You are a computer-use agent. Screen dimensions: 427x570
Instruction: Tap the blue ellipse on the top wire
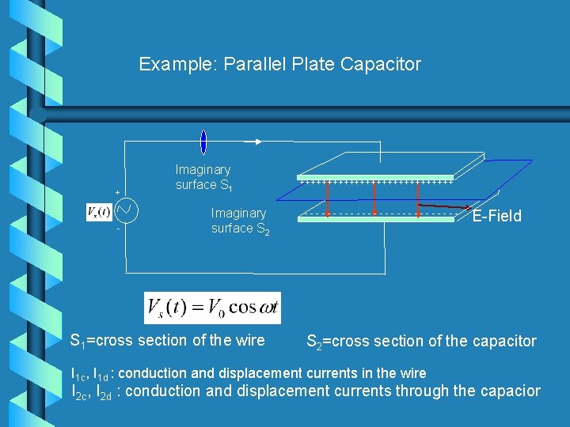pos(203,142)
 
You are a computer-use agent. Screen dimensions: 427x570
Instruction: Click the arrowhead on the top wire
pos(257,142)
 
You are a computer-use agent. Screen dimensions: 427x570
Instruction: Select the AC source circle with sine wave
pos(127,211)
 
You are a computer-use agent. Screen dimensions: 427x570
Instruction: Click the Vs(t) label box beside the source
pos(99,212)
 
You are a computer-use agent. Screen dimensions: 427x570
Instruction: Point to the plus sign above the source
pos(118,192)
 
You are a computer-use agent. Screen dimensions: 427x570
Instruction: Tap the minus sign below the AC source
pos(118,229)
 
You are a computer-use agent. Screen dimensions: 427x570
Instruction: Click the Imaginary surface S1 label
pos(203,177)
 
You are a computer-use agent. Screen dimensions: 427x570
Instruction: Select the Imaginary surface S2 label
pos(240,221)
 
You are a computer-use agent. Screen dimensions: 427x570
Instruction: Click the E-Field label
pos(496,217)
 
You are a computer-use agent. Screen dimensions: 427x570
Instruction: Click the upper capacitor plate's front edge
pos(375,179)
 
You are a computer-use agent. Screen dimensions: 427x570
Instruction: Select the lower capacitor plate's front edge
pos(375,219)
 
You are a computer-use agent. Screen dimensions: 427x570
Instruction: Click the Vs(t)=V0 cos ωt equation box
pos(212,308)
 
